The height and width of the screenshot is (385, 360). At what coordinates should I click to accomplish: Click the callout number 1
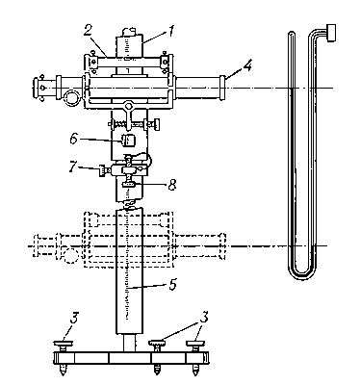click(x=171, y=32)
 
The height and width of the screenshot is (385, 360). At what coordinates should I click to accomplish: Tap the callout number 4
click(x=246, y=65)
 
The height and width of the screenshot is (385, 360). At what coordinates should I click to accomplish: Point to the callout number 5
click(x=172, y=284)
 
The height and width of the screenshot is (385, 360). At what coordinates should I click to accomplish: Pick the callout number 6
click(x=74, y=140)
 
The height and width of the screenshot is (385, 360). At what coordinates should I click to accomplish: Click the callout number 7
click(x=74, y=167)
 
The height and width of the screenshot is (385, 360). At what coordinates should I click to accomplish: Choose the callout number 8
click(x=172, y=185)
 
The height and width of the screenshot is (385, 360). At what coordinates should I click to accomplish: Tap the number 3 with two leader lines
click(x=203, y=317)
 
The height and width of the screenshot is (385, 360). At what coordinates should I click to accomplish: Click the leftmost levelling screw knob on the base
click(x=63, y=344)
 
